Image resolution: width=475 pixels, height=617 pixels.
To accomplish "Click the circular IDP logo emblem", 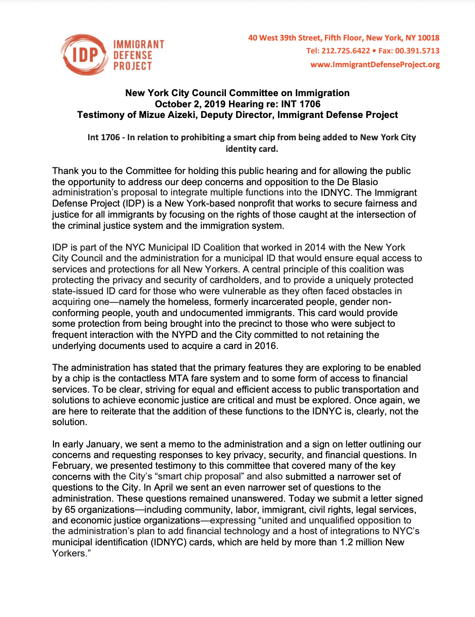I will pos(84,55).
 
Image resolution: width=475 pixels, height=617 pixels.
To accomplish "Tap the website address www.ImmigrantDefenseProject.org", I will pos(375,65).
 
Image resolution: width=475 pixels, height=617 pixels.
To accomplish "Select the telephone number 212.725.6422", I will pos(346,51).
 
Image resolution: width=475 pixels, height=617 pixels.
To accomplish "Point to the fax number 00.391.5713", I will pos(417,51).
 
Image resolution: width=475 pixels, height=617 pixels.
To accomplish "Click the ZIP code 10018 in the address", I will pos(429,38).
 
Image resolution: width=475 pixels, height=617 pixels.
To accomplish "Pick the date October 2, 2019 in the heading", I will pos(190,104).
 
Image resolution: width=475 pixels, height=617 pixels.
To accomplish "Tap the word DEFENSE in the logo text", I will pos(133,55).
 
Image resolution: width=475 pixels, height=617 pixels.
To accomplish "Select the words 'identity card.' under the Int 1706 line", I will pos(252,149).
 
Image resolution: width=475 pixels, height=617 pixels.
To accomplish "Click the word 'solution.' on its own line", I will pos(70,422).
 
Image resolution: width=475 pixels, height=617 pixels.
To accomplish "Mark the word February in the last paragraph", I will pos(70,466).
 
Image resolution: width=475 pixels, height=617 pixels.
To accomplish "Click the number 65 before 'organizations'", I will pos(70,509).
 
